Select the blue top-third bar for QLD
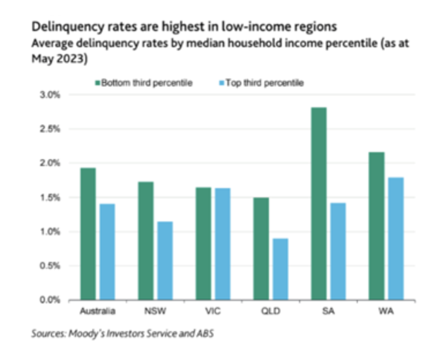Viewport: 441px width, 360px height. tap(281, 269)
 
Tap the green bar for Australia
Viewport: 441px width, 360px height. tap(88, 234)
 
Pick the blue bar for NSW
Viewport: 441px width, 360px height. tap(165, 261)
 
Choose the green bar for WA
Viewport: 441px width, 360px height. tap(376, 226)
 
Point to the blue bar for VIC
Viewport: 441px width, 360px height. tap(223, 244)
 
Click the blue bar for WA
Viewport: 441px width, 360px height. tap(395, 238)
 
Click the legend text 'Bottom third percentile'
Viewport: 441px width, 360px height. tap(147, 83)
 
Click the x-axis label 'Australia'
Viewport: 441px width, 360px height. tap(97, 312)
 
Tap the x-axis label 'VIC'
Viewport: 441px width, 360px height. tap(212, 312)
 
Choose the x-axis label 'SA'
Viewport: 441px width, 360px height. tap(328, 312)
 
